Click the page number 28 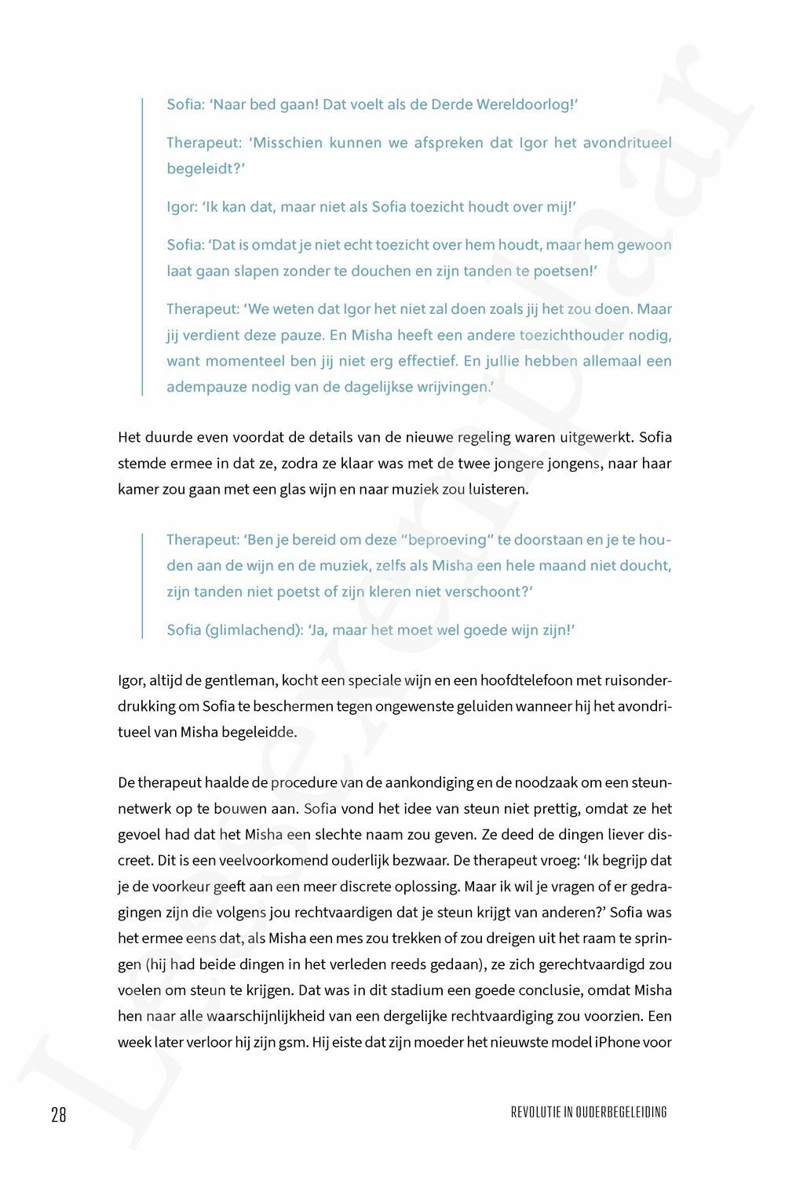pos(59,1114)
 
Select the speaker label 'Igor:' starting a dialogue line pos(181,207)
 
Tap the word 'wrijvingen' pos(453,387)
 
